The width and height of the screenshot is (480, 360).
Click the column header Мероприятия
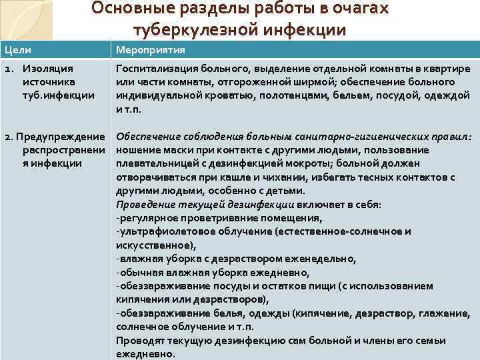coord(150,50)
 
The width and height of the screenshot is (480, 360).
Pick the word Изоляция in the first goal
coord(47,69)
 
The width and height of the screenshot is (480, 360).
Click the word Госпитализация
coord(155,69)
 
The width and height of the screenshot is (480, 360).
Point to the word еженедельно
coord(325,258)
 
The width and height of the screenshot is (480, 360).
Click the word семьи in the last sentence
coord(431,341)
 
